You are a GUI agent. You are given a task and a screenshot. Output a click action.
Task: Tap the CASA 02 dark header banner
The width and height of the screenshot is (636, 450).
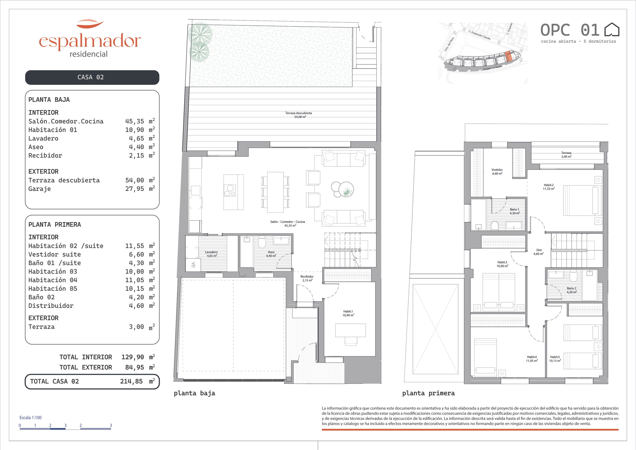(x=92, y=77)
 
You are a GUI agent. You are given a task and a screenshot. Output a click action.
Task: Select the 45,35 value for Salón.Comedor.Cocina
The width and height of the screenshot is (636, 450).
(x=135, y=121)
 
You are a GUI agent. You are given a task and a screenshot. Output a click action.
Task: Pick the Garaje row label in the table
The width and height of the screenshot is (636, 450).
(x=40, y=189)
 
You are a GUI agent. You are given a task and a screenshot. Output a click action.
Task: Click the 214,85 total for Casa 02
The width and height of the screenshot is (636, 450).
(x=131, y=381)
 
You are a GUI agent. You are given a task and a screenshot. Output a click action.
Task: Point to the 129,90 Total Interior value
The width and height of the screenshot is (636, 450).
(x=133, y=357)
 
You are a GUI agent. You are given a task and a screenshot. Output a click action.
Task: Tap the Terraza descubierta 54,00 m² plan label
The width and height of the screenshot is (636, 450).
(x=299, y=115)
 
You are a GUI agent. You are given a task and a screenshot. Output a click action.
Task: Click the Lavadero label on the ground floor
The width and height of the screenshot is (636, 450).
(x=211, y=254)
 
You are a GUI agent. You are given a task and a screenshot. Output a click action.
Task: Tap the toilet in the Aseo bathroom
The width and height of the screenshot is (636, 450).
(x=262, y=242)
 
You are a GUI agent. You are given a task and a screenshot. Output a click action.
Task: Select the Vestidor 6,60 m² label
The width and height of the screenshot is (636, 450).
(x=497, y=172)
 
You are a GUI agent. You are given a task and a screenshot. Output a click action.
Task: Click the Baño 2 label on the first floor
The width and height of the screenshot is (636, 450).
(x=571, y=290)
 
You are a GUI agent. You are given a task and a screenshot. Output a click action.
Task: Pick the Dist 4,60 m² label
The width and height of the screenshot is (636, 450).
(x=539, y=252)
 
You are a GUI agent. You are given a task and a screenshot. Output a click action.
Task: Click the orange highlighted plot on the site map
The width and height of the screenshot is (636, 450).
(x=509, y=57)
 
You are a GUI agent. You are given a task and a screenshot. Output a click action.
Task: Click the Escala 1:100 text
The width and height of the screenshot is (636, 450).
(x=31, y=418)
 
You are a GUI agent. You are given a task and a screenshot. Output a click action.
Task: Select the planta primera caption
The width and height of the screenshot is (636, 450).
(x=428, y=393)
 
